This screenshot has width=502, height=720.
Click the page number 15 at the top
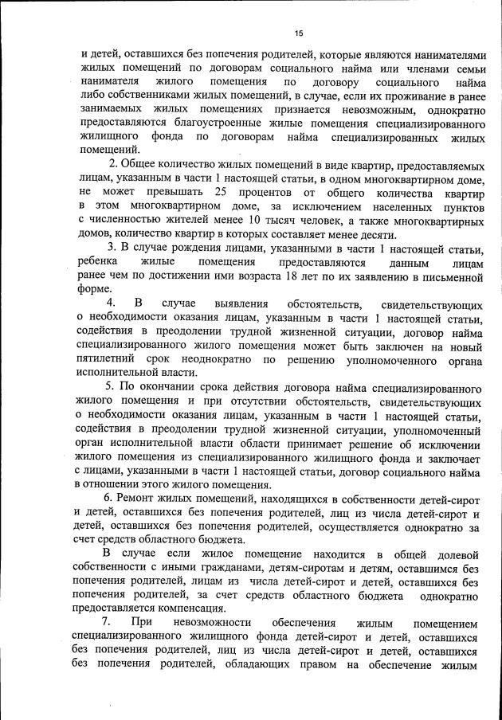point(299,33)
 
